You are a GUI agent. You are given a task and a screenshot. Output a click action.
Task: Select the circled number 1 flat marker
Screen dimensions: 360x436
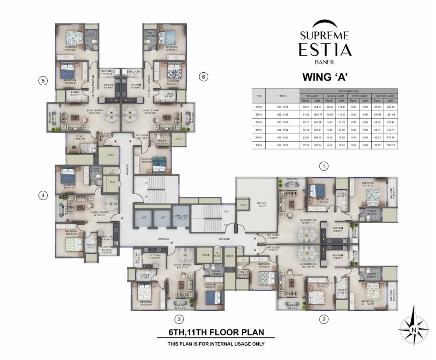point(323,165)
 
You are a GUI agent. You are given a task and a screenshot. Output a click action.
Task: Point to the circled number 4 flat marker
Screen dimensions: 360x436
point(43,196)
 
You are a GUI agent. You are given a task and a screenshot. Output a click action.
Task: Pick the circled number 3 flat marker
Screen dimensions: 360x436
point(178,320)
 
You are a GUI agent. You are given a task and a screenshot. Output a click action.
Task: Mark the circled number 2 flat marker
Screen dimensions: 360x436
point(323,320)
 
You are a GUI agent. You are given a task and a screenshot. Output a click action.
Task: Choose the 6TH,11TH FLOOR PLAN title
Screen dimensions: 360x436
point(216,333)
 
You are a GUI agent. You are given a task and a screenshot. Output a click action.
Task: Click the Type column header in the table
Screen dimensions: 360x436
point(258,95)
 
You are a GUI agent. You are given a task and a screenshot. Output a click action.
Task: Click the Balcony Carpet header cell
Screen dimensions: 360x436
point(334,96)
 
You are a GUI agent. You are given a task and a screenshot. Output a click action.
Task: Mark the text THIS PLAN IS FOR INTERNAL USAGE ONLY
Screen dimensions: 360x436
point(216,344)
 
